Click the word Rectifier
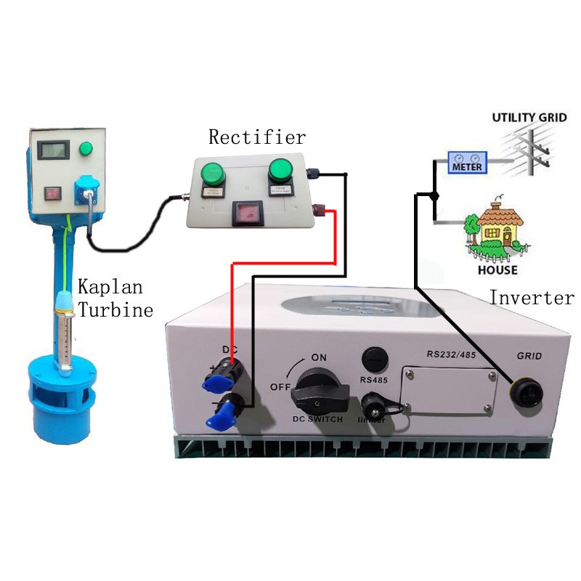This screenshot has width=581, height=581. coord(257,137)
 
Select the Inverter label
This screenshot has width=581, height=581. coord(531,297)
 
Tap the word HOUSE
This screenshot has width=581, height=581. coord(497,270)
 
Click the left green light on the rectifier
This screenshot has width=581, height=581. coord(213,173)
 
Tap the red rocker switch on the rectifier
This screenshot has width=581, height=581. coord(246,214)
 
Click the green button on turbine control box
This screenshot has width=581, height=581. coord(88,150)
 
